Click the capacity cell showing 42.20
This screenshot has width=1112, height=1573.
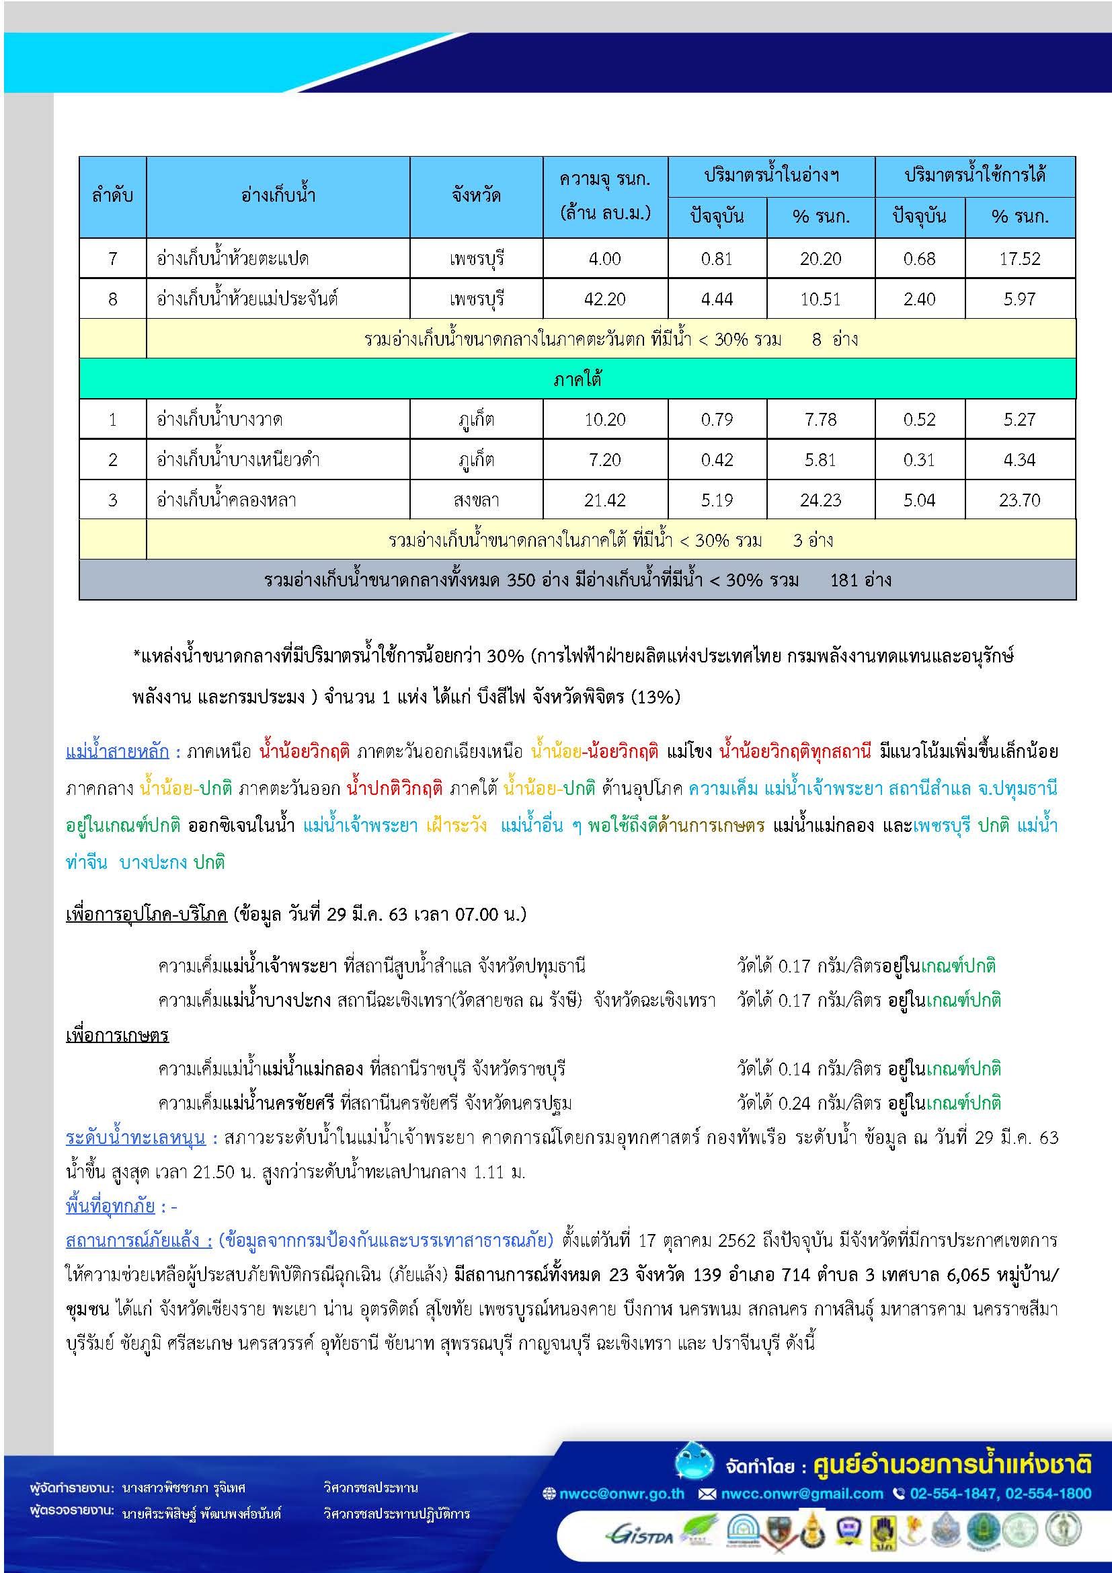pyautogui.click(x=604, y=299)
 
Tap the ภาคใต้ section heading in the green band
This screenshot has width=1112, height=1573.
pyautogui.click(x=578, y=379)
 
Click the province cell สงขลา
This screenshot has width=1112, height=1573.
pyautogui.click(x=476, y=500)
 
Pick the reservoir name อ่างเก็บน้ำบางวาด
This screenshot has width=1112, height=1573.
pyautogui.click(x=220, y=419)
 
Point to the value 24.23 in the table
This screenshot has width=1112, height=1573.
pyautogui.click(x=820, y=500)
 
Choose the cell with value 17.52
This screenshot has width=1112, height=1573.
pyautogui.click(x=1020, y=259)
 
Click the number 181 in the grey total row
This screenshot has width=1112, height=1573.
pyautogui.click(x=846, y=580)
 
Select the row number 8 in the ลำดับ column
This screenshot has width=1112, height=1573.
pyautogui.click(x=113, y=299)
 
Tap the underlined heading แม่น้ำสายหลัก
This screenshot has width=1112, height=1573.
pyautogui.click(x=117, y=752)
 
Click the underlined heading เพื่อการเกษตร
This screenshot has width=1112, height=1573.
pyautogui.click(x=117, y=1034)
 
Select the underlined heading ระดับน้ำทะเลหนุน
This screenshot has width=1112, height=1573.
pyautogui.click(x=136, y=1138)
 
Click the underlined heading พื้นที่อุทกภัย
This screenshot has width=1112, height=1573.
pyautogui.click(x=110, y=1206)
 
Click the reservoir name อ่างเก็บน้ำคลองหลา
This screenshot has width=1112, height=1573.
pyautogui.click(x=227, y=500)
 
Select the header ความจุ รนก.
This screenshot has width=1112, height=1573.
pyautogui.click(x=604, y=180)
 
